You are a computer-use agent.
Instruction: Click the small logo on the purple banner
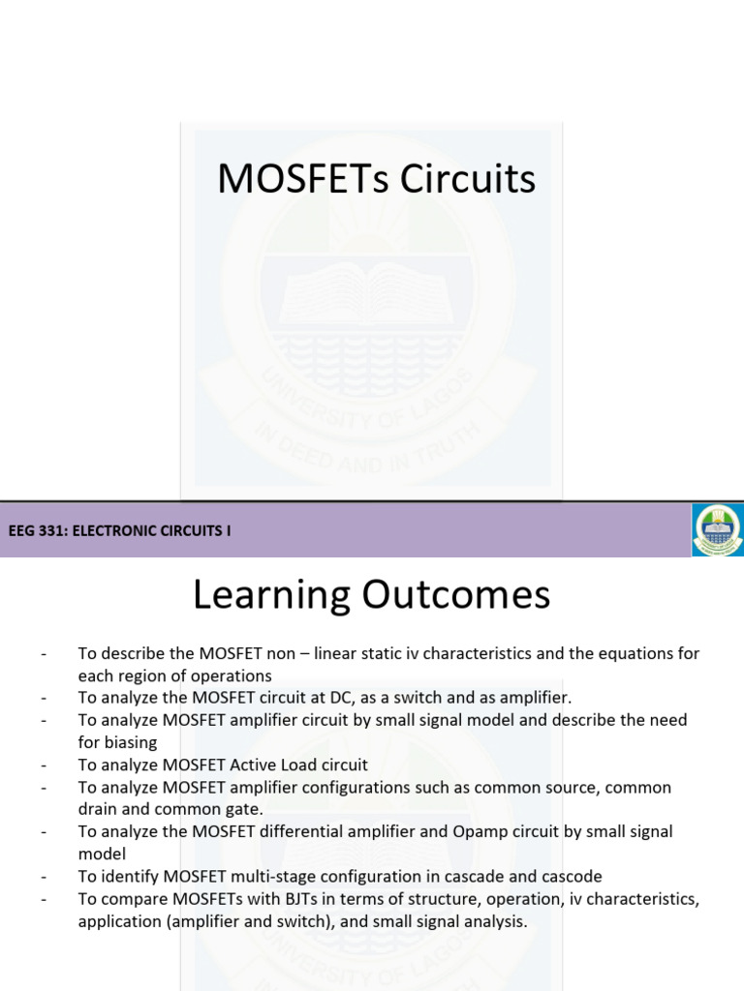[717, 529]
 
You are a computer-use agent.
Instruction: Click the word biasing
[129, 742]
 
